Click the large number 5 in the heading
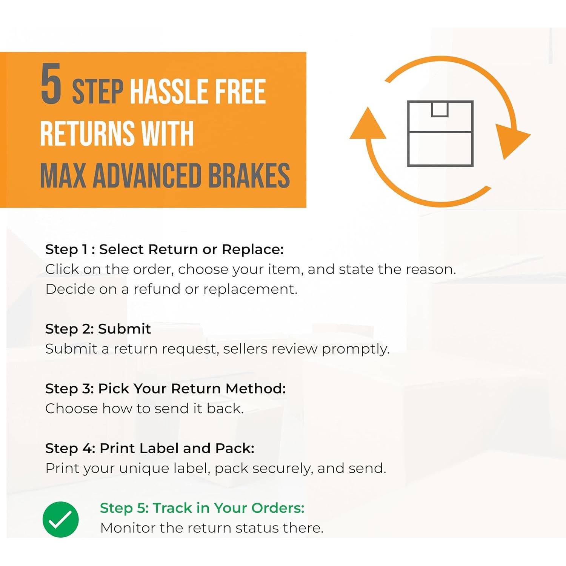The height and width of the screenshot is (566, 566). pyautogui.click(x=51, y=84)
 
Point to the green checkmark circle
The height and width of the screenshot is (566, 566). pyautogui.click(x=60, y=519)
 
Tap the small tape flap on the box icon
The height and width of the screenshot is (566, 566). pyautogui.click(x=440, y=109)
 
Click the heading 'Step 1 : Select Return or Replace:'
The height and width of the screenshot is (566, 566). pyautogui.click(x=164, y=249)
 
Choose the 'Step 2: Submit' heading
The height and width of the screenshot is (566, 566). pyautogui.click(x=98, y=329)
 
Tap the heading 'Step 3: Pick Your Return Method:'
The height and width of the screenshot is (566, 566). pyautogui.click(x=165, y=388)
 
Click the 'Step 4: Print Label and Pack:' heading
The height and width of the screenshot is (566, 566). pyautogui.click(x=149, y=448)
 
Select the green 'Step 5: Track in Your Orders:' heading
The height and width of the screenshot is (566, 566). pyautogui.click(x=202, y=508)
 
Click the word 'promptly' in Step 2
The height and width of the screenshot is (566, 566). pyautogui.click(x=355, y=349)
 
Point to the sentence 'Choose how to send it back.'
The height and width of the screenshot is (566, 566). pyautogui.click(x=144, y=408)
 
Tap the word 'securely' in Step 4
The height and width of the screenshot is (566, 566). pyautogui.click(x=283, y=468)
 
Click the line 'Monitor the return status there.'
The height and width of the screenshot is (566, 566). pyautogui.click(x=212, y=528)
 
